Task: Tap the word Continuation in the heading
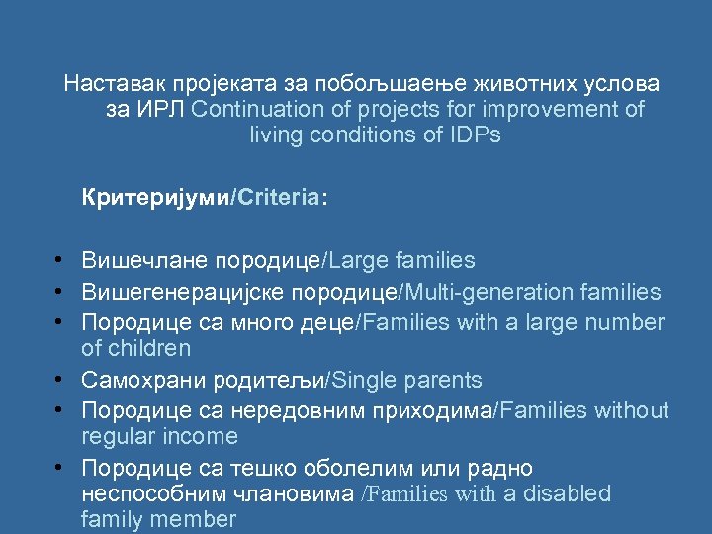pos(254,109)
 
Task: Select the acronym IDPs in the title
pos(472,135)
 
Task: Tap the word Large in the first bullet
pos(357,261)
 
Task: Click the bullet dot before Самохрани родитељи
pos(61,380)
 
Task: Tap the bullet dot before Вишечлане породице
pos(61,261)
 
